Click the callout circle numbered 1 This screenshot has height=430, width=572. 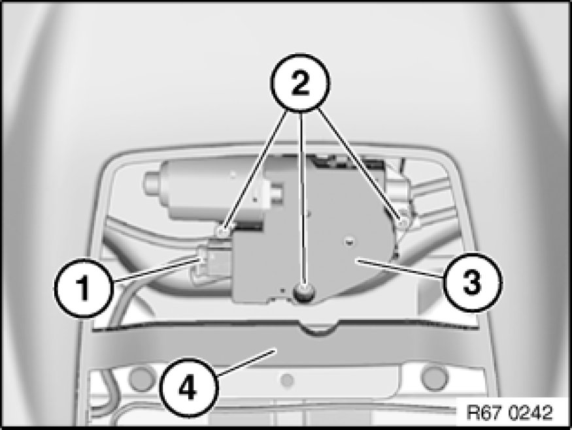84,288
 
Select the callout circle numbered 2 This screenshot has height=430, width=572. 300,82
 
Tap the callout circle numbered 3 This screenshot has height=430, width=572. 473,282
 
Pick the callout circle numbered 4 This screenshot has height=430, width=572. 188,388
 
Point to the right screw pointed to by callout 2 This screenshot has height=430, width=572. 403,223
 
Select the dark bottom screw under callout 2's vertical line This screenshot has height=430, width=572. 303,291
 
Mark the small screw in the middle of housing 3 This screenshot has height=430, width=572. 350,241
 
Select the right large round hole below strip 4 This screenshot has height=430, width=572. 434,378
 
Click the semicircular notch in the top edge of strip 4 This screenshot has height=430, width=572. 318,328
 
